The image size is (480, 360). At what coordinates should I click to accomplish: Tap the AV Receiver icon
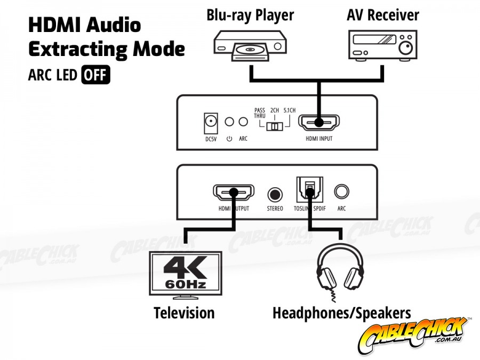[383, 44]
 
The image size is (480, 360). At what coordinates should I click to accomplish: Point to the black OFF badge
[95, 75]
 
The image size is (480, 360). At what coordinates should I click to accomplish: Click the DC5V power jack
[212, 124]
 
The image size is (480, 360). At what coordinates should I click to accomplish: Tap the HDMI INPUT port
[318, 123]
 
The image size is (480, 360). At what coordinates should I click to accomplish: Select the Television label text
[184, 313]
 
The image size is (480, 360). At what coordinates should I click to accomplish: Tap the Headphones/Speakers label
[341, 313]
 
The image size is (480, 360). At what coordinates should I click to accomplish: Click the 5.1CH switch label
[291, 110]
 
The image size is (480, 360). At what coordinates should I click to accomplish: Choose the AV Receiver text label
[383, 14]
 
